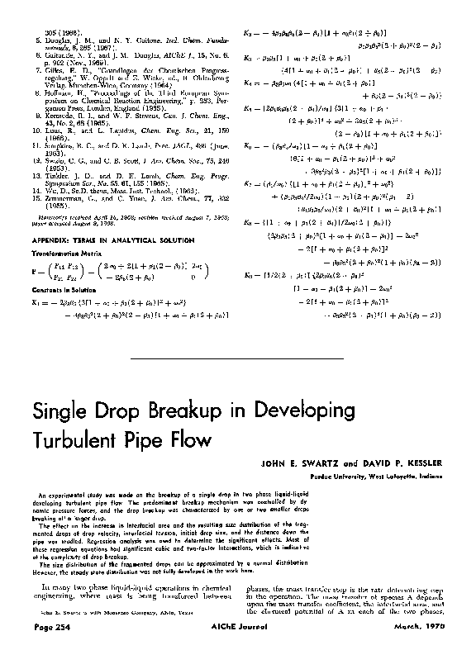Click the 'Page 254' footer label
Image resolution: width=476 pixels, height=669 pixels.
(x=45, y=652)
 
